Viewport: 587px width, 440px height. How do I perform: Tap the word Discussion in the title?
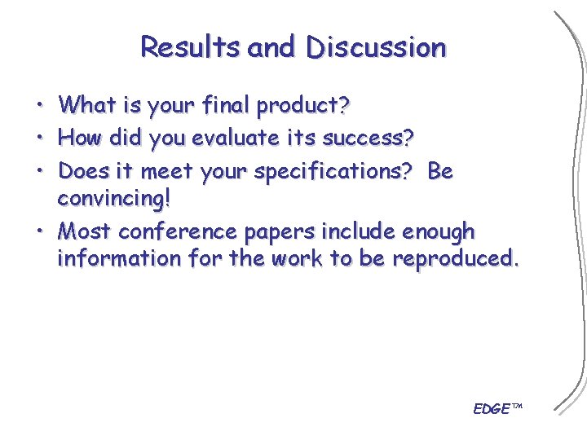click(x=377, y=47)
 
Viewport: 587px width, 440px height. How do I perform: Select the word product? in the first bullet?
click(x=303, y=106)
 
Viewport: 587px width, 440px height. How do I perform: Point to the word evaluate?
click(x=236, y=139)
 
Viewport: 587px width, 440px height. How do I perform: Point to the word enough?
click(x=439, y=232)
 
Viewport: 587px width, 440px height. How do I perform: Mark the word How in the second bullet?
click(x=79, y=139)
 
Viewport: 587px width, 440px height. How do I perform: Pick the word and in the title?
click(x=272, y=47)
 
